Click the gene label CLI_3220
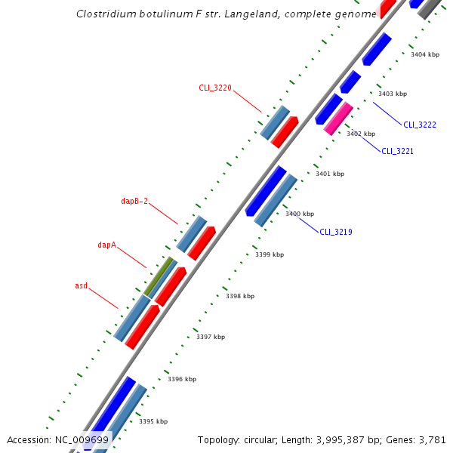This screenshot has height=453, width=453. click(215, 88)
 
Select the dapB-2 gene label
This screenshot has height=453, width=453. click(134, 202)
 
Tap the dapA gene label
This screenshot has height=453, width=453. click(106, 245)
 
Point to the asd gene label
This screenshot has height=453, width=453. click(81, 286)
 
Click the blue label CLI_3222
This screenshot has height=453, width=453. click(420, 125)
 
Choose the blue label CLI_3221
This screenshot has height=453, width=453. click(397, 151)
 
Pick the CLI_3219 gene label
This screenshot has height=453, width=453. click(336, 232)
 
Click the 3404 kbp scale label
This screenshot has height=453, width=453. click(424, 54)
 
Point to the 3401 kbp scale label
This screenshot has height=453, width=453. click(329, 174)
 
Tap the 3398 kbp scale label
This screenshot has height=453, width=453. click(240, 297)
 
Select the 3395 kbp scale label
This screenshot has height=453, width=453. click(153, 421)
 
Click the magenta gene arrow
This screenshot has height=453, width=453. click(338, 119)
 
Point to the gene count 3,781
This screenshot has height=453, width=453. click(434, 439)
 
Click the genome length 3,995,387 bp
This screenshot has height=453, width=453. click(341, 439)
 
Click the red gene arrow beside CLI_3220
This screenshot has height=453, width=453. click(285, 132)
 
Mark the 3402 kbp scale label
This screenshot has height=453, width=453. click(361, 134)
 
